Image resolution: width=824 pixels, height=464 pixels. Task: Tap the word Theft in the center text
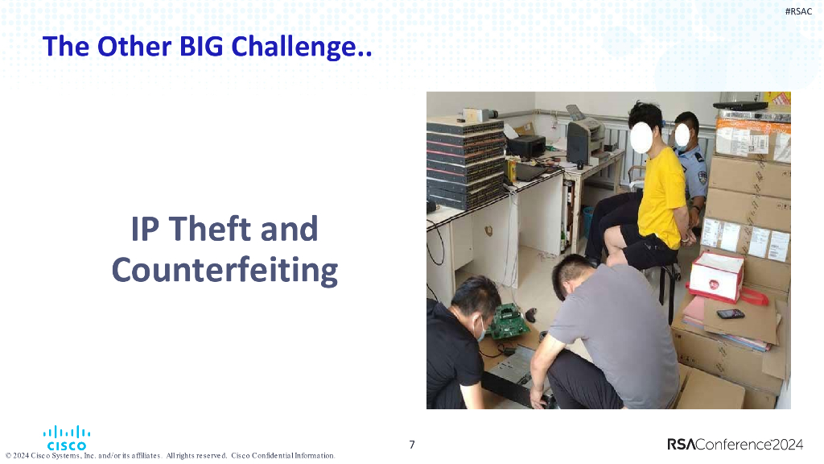point(212,230)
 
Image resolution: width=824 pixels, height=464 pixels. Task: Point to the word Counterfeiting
point(225,270)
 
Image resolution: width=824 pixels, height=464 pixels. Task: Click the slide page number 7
point(412,445)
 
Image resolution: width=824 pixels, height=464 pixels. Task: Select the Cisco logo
point(67,438)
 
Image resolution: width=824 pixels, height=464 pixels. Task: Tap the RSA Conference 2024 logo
point(735,445)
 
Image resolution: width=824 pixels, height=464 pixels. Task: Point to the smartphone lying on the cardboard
point(730,313)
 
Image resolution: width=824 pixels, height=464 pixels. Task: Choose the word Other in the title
point(126,47)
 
